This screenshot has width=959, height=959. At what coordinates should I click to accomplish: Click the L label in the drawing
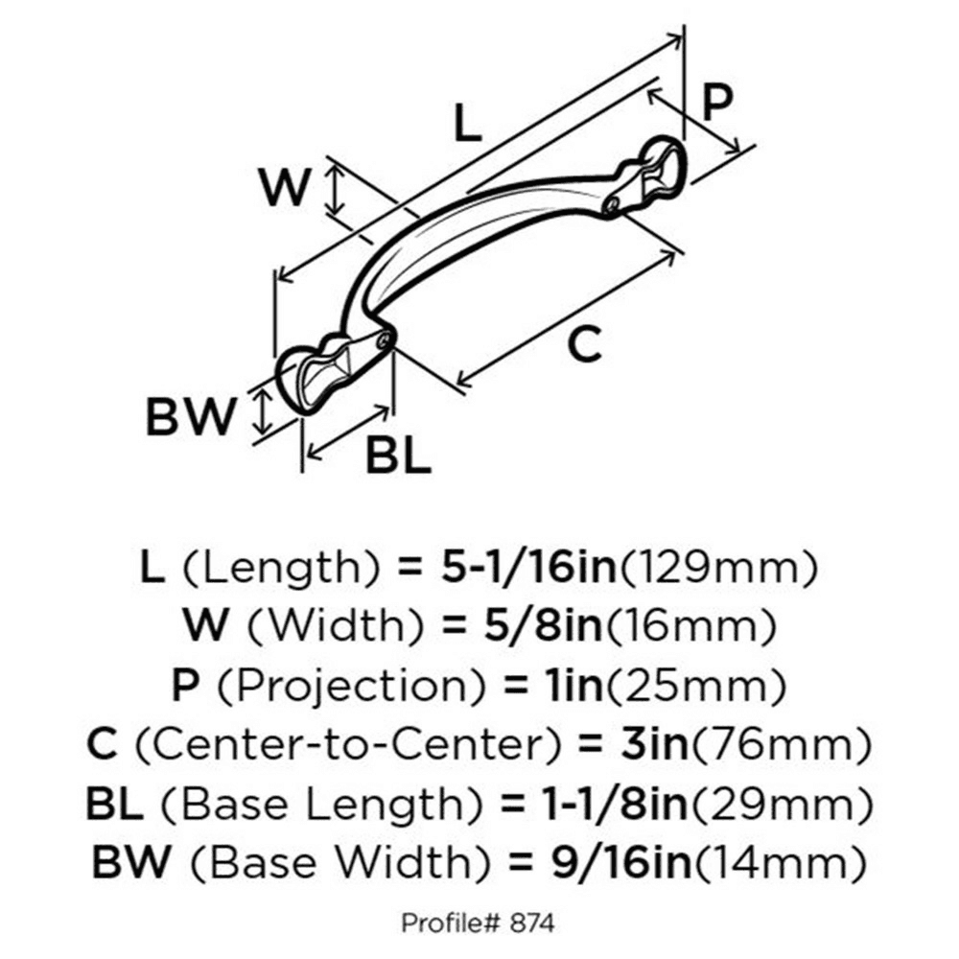[x=469, y=123]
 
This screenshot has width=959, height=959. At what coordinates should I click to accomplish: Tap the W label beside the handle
[x=285, y=186]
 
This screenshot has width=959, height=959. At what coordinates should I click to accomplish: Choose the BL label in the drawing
[x=398, y=454]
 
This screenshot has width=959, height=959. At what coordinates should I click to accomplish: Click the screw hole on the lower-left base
[x=385, y=340]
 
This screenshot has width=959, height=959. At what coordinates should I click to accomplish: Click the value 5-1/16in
[x=529, y=567]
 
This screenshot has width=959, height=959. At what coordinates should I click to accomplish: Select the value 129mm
[x=719, y=569]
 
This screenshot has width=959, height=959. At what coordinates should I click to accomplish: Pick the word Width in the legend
[x=336, y=625]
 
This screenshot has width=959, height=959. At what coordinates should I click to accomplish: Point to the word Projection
[x=352, y=685]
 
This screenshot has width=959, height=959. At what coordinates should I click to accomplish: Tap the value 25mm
[x=695, y=687]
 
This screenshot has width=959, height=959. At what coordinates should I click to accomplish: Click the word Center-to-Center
[x=347, y=744]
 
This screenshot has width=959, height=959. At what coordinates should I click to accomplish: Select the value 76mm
[x=780, y=745]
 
